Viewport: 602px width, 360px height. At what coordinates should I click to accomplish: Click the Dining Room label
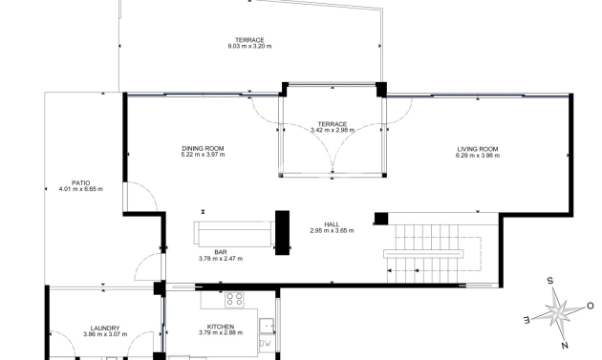point(203,149)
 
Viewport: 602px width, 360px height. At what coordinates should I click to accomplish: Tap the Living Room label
point(478,149)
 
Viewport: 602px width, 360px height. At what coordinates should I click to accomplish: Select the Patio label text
point(81,183)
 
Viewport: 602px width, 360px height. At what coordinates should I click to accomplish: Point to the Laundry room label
point(105,328)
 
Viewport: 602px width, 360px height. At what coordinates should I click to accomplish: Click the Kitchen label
point(221,327)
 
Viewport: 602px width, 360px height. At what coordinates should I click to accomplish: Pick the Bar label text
point(221,252)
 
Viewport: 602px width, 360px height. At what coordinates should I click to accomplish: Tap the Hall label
point(332,224)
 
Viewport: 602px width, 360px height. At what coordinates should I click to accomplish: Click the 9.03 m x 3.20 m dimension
point(249,46)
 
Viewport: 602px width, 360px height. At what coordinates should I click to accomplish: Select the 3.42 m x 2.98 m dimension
point(333,130)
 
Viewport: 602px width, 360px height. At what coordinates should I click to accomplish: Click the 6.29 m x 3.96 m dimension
point(478,156)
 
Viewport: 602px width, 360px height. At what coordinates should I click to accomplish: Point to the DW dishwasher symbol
point(266,344)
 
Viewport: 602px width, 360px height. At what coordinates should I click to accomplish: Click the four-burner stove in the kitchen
point(234,299)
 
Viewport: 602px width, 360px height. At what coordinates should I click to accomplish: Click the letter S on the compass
point(550,281)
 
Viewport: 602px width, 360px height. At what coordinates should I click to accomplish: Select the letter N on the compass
point(565,346)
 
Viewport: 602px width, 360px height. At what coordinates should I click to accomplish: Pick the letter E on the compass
point(527,319)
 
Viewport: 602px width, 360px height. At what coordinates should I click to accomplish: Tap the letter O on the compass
point(591,306)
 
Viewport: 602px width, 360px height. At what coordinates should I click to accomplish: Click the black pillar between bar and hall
point(282,233)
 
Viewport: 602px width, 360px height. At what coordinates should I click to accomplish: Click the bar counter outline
point(234,234)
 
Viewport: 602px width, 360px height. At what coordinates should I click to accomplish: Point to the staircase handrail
point(423,254)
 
